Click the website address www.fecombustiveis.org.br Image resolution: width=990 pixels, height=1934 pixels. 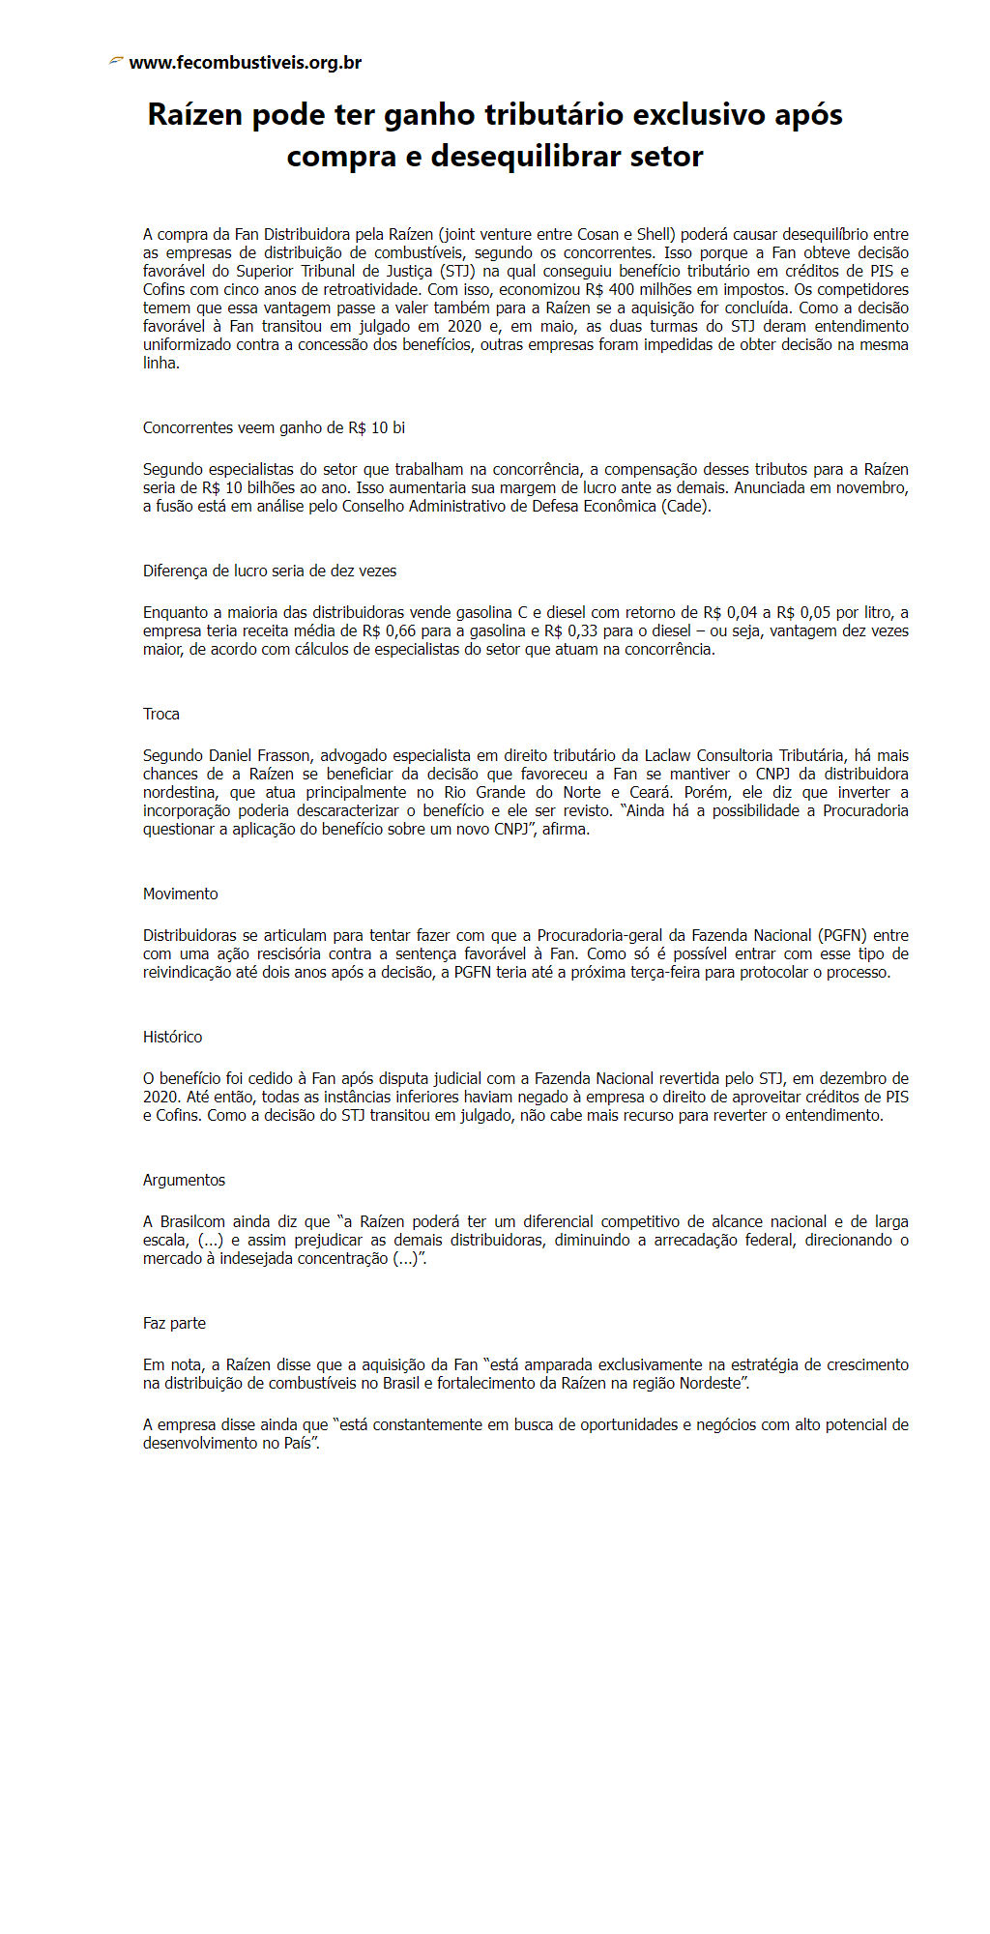pos(245,63)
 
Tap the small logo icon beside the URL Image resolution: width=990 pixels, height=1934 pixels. pos(116,61)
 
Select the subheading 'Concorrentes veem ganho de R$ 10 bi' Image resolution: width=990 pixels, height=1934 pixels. pos(274,427)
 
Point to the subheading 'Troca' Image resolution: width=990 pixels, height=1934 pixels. pos(161,714)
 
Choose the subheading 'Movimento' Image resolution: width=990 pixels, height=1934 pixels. pos(181,894)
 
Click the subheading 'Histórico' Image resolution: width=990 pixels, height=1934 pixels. pos(173,1037)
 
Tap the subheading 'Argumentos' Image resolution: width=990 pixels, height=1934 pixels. pos(184,1180)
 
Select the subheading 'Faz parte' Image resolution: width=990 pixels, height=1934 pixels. pos(174,1323)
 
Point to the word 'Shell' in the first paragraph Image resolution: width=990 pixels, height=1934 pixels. pos(655,234)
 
